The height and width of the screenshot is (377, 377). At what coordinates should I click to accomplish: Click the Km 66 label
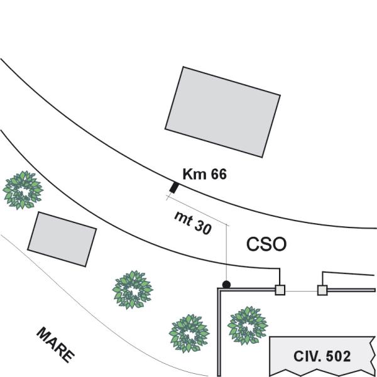[204, 174]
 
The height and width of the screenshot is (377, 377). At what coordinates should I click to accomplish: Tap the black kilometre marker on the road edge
[174, 187]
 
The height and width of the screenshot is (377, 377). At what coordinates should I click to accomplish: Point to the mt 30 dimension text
[193, 222]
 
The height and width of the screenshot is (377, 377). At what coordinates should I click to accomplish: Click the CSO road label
[266, 244]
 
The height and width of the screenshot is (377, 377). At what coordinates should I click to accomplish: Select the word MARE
[55, 344]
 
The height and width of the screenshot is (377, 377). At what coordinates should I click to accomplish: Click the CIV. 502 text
[322, 356]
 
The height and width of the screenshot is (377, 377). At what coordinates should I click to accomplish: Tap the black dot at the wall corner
[226, 285]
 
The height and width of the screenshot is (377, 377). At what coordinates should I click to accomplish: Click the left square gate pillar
[280, 290]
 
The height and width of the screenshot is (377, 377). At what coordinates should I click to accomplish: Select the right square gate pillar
[322, 290]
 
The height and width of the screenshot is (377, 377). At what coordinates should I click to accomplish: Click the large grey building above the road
[222, 112]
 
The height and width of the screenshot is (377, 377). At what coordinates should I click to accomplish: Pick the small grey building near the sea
[62, 239]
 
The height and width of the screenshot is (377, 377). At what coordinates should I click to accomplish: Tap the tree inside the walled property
[248, 325]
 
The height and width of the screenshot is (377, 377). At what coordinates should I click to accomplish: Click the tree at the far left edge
[23, 190]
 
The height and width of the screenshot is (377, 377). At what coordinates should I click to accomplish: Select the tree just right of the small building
[133, 290]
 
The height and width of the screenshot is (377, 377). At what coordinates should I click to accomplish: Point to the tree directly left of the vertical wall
[189, 333]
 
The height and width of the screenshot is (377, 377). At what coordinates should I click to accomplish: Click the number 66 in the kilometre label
[219, 174]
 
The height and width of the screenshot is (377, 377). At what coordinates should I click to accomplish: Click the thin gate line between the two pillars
[301, 291]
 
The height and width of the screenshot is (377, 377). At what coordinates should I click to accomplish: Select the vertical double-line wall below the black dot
[219, 332]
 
